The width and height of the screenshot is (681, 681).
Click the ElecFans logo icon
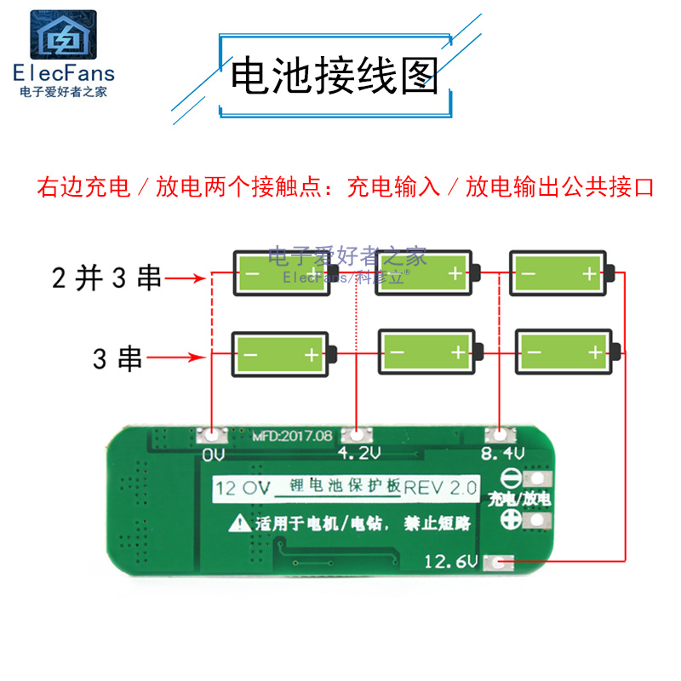pos(64,35)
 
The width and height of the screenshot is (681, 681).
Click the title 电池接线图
pos(334,77)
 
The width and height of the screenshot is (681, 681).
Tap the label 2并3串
pos(106,278)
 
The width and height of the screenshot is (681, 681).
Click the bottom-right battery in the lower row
pos(567,352)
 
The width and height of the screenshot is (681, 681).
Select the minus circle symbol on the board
pos(512,478)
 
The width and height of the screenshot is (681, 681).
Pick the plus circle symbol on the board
pos(512,519)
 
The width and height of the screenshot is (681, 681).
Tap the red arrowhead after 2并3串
pos(200,278)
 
